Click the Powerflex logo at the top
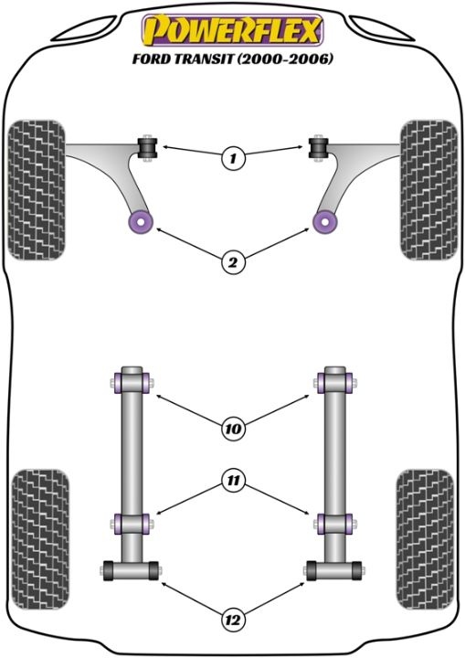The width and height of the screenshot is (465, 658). pos(232,30)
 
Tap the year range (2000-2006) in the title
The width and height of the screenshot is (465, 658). pos(285,58)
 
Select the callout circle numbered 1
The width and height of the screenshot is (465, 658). pos(233,158)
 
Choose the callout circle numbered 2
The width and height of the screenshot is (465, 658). pos(233,262)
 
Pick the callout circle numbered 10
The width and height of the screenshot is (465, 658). pos(233,429)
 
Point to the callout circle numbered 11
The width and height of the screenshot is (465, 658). pos(233,480)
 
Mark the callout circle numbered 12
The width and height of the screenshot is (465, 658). pos(233,619)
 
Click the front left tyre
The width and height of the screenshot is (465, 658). pos(37,190)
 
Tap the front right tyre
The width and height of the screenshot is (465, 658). pos(428,190)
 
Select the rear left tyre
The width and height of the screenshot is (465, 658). pos(40,538)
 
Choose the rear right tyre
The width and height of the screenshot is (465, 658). pos(425,538)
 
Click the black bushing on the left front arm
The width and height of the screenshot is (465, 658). pos(147,148)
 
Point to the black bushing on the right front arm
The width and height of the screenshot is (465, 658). pos(319,148)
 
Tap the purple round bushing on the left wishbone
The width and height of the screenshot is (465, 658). pos(140,221)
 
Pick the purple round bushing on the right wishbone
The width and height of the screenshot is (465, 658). pos(325,221)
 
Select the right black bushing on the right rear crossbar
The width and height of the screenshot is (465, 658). pos(356,570)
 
